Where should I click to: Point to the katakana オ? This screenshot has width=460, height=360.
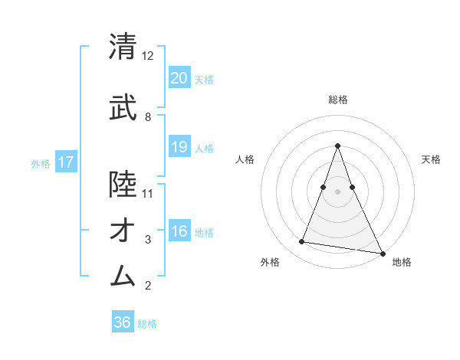click(x=123, y=230)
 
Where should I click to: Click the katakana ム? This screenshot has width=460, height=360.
click(x=123, y=274)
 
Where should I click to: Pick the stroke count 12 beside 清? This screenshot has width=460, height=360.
click(x=148, y=56)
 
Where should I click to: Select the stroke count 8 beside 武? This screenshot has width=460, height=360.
click(x=148, y=116)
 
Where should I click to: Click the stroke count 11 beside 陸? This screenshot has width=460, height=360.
click(x=148, y=193)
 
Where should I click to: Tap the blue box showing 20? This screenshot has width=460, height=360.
click(x=179, y=77)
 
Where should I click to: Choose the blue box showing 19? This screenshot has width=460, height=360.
click(x=179, y=147)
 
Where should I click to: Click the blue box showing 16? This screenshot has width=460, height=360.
click(x=179, y=231)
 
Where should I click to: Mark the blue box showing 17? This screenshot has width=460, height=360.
click(x=65, y=162)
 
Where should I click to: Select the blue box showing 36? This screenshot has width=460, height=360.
click(x=123, y=322)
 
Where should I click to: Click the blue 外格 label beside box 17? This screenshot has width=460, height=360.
click(x=41, y=163)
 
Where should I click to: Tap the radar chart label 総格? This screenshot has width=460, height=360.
click(x=337, y=100)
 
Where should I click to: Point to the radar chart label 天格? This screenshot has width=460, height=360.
click(x=431, y=159)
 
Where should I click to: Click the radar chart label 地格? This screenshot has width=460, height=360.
click(x=402, y=262)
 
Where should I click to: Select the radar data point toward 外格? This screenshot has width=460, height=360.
click(x=302, y=242)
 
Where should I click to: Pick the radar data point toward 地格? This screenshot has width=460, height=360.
click(x=382, y=253)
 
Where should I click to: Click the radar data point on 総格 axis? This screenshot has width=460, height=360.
click(x=337, y=146)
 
